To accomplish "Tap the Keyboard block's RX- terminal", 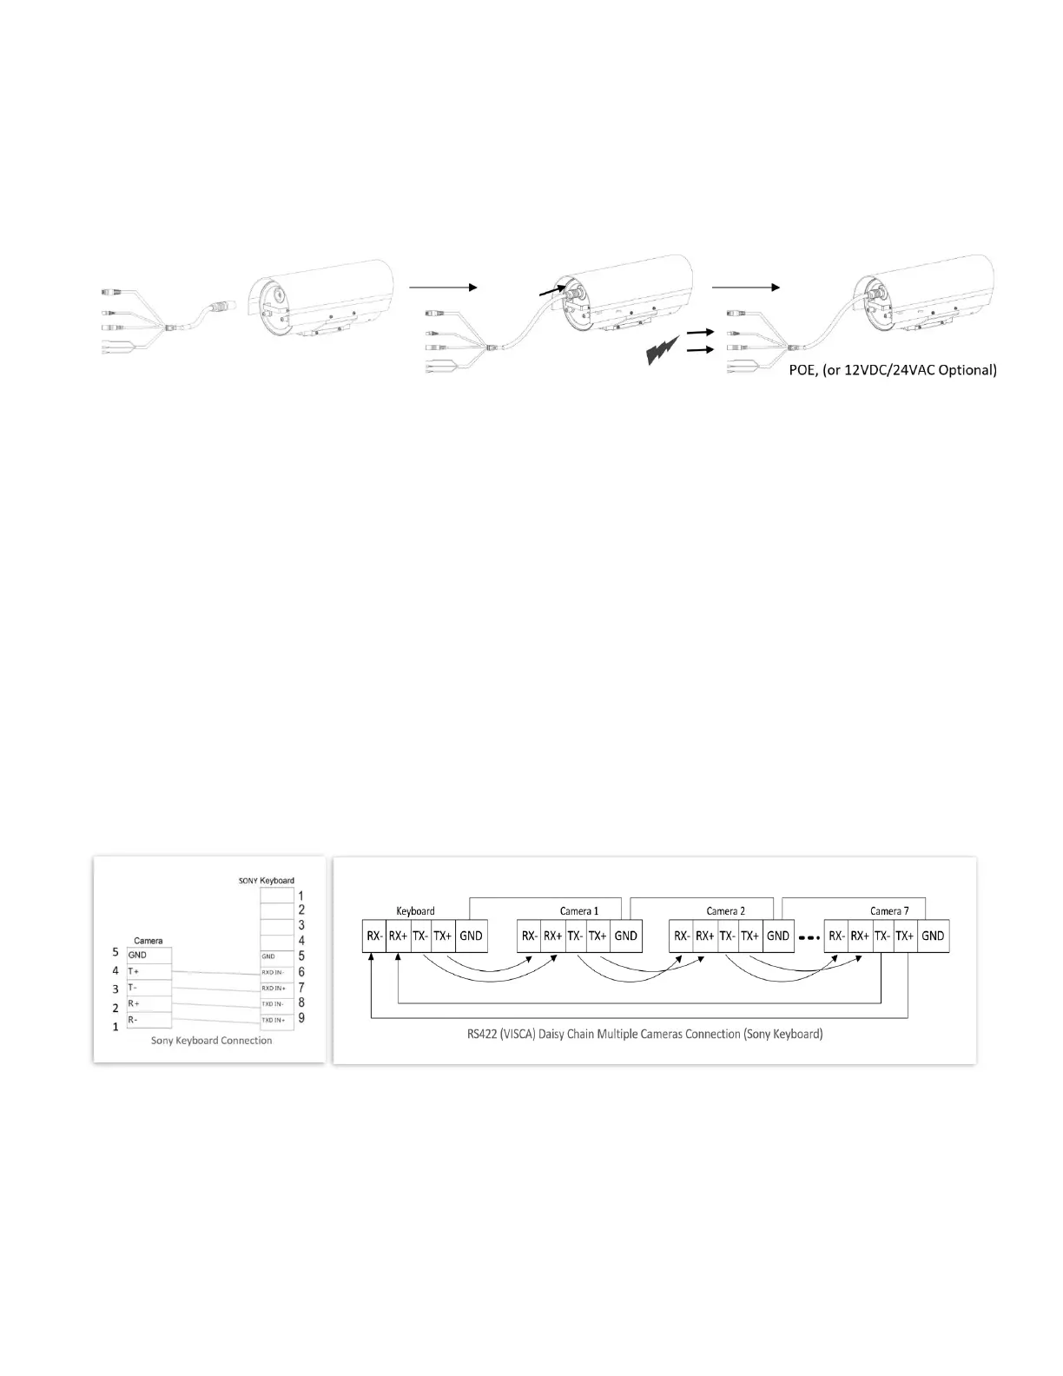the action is pyautogui.click(x=374, y=936).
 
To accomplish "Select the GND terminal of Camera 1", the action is pyautogui.click(x=625, y=936).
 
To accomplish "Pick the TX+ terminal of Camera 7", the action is pyautogui.click(x=905, y=936).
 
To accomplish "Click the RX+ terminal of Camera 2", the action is pyautogui.click(x=704, y=936).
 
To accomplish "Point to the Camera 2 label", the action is pyautogui.click(x=725, y=910).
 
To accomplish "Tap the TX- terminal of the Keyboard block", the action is pyautogui.click(x=420, y=936).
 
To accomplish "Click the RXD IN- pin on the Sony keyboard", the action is pyautogui.click(x=274, y=972).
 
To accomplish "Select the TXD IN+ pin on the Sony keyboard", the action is pyautogui.click(x=274, y=1019).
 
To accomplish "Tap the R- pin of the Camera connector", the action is pyautogui.click(x=134, y=1019).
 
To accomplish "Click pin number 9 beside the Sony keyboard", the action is pyautogui.click(x=301, y=1018).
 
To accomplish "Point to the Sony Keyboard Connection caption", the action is pyautogui.click(x=211, y=1040).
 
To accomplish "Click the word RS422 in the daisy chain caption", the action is pyautogui.click(x=482, y=1035).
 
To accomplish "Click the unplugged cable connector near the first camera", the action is pyautogui.click(x=221, y=308).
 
